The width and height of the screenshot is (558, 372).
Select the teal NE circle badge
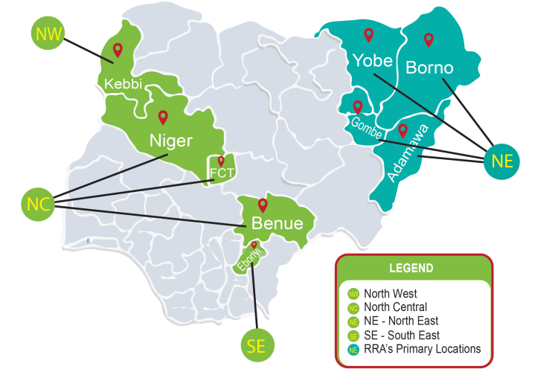[501, 159]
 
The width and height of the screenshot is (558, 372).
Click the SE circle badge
[257, 345]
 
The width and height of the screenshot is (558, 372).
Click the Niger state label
[171, 140]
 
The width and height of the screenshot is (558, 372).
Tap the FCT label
[222, 174]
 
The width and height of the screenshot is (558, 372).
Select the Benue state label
[277, 223]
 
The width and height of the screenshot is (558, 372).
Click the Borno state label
[429, 68]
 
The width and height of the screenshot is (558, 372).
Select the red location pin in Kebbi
[118, 51]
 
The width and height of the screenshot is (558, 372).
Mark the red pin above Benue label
[262, 205]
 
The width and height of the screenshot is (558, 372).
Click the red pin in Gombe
[358, 106]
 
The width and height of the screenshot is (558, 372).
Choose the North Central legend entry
[395, 307]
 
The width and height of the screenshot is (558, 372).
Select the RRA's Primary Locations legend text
[423, 348]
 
